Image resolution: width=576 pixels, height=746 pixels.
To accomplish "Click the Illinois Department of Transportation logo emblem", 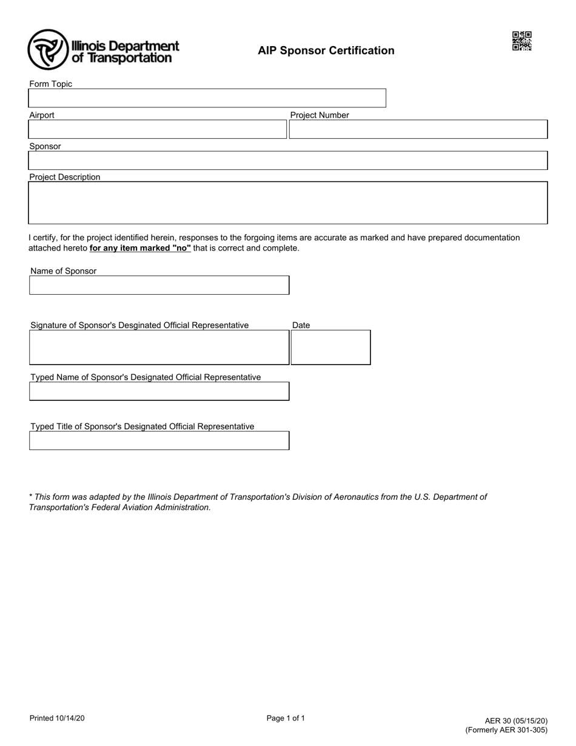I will [48, 50].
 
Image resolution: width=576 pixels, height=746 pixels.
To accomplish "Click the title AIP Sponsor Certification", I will [326, 51].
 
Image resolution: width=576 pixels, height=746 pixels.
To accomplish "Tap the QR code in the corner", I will [521, 41].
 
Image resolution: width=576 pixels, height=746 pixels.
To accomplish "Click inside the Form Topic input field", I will [207, 98].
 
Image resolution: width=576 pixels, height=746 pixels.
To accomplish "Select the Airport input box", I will [157, 129].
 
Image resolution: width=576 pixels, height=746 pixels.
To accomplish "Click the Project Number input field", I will [418, 129].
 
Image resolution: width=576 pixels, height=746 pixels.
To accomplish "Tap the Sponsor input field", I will [288, 161].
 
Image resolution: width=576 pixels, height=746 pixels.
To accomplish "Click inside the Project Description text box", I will [288, 203].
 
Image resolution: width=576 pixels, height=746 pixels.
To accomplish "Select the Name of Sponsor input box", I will [159, 285].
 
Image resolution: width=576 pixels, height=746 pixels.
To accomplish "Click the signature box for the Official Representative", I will [159, 348].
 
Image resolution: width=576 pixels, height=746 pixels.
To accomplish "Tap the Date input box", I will [330, 348].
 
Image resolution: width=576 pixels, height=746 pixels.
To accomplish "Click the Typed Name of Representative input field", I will [159, 391].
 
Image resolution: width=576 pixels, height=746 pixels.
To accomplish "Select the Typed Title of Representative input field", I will [159, 440].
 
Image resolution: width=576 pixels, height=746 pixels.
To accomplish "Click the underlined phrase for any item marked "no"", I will [140, 248].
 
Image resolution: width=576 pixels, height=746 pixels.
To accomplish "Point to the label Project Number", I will [320, 115].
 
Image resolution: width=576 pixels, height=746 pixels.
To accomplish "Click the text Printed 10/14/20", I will [57, 718].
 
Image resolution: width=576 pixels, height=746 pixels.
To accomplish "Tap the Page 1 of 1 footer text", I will [286, 718].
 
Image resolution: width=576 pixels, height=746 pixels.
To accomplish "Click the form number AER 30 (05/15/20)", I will [515, 721].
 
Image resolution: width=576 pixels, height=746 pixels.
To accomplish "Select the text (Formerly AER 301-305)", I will [506, 730].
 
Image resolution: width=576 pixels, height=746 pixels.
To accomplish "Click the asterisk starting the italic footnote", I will [31, 496].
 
